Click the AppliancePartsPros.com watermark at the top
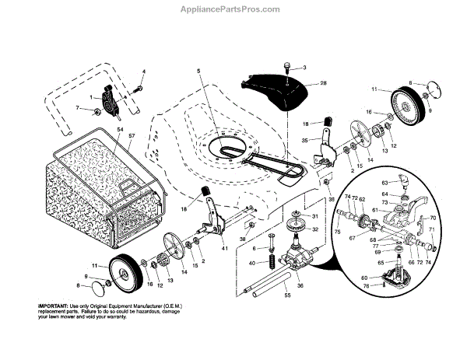pos(233,9)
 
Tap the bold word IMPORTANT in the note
pos(54,306)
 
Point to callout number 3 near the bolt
pos(304,68)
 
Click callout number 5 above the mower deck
pos(199,71)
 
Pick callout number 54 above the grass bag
pos(120,129)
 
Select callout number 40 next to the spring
pos(251,262)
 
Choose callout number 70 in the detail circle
pos(433,218)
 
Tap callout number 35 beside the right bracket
pos(305,140)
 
